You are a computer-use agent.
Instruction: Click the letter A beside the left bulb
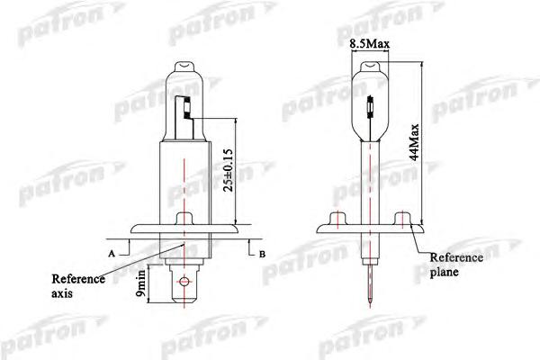pos(112,255)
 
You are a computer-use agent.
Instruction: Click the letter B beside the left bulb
pos(262,255)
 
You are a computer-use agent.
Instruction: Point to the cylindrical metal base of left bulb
pos(184,180)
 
